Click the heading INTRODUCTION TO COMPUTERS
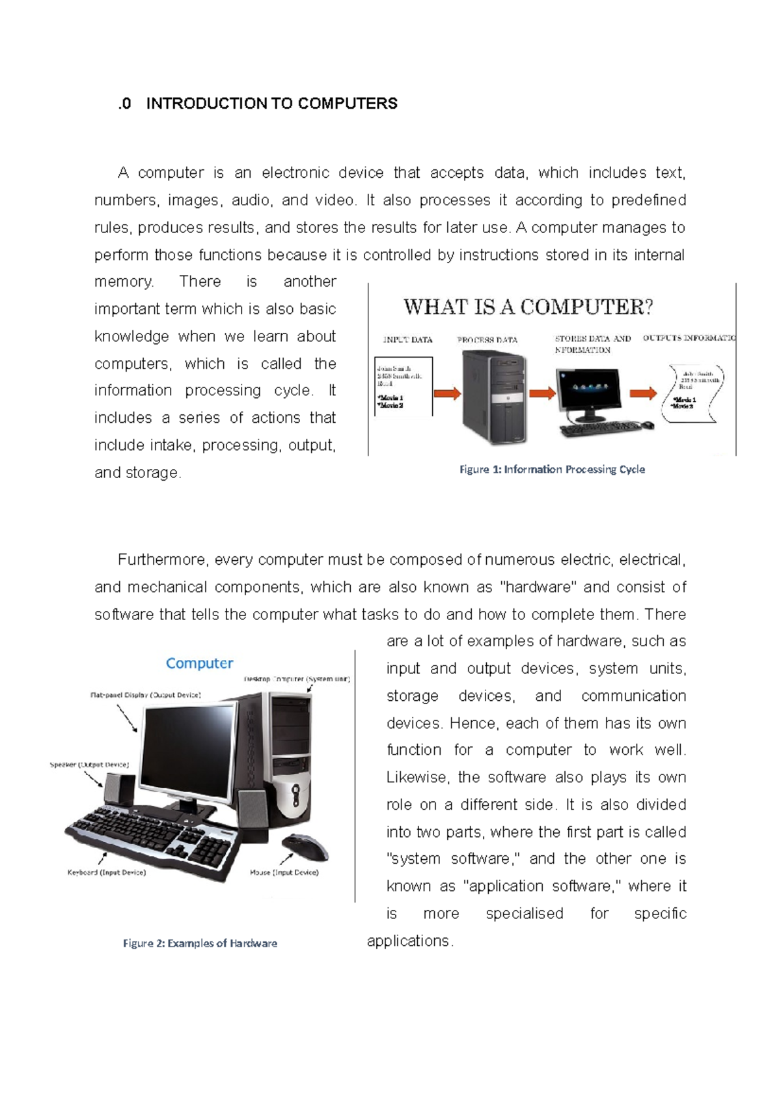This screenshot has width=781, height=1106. coord(271,104)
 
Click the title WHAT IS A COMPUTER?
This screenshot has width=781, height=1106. coord(528,307)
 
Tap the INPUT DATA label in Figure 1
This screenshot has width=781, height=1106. coord(408,339)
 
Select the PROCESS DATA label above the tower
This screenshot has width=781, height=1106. coord(487,339)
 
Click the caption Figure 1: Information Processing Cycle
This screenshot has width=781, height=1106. coord(552,469)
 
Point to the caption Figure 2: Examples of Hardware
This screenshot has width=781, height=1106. coord(200,943)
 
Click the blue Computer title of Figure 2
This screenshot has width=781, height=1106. coord(199,663)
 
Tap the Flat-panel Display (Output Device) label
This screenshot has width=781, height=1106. coord(145,695)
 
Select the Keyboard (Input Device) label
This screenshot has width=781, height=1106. coord(107,872)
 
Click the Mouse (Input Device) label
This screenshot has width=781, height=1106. coord(284,872)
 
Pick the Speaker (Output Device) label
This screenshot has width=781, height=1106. coord(89,765)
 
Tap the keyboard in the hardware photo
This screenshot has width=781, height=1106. coord(153,840)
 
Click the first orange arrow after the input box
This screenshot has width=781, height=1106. coord(447,393)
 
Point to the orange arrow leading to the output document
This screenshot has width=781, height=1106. coord(643,393)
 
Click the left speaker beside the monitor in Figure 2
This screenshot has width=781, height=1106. coord(119,790)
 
